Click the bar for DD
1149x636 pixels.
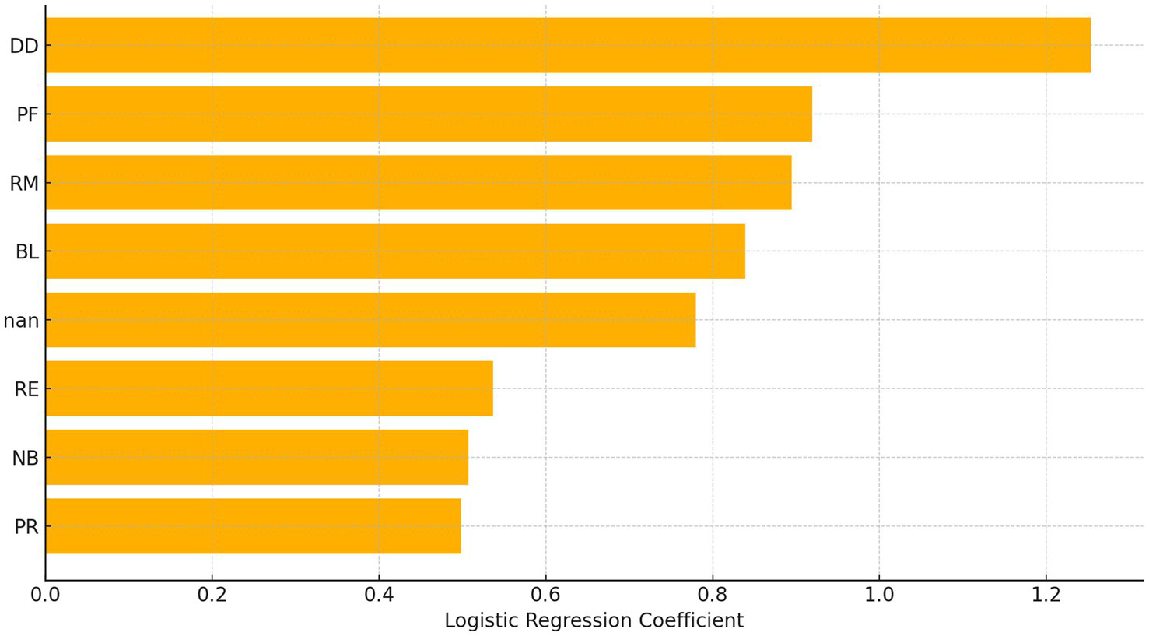pos(568,45)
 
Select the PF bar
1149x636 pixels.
pos(429,114)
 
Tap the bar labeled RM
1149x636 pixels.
pos(419,182)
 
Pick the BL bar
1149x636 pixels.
pos(395,251)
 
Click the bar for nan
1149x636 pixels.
pos(370,320)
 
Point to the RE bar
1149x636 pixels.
pos(269,388)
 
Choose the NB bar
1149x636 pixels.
pos(257,457)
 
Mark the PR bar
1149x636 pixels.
pos(253,526)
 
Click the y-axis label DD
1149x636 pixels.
pos(24,46)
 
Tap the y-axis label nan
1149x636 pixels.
pos(21,321)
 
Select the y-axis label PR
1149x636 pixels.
pos(26,527)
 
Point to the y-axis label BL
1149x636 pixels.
pos(26,252)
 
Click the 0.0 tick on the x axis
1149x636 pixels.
pos(45,596)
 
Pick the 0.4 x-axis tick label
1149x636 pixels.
pos(379,596)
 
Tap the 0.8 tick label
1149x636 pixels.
pos(713,596)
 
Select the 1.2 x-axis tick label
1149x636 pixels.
pos(1046,596)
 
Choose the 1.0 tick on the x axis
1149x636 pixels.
pos(879,596)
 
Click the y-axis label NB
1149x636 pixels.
pos(26,458)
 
